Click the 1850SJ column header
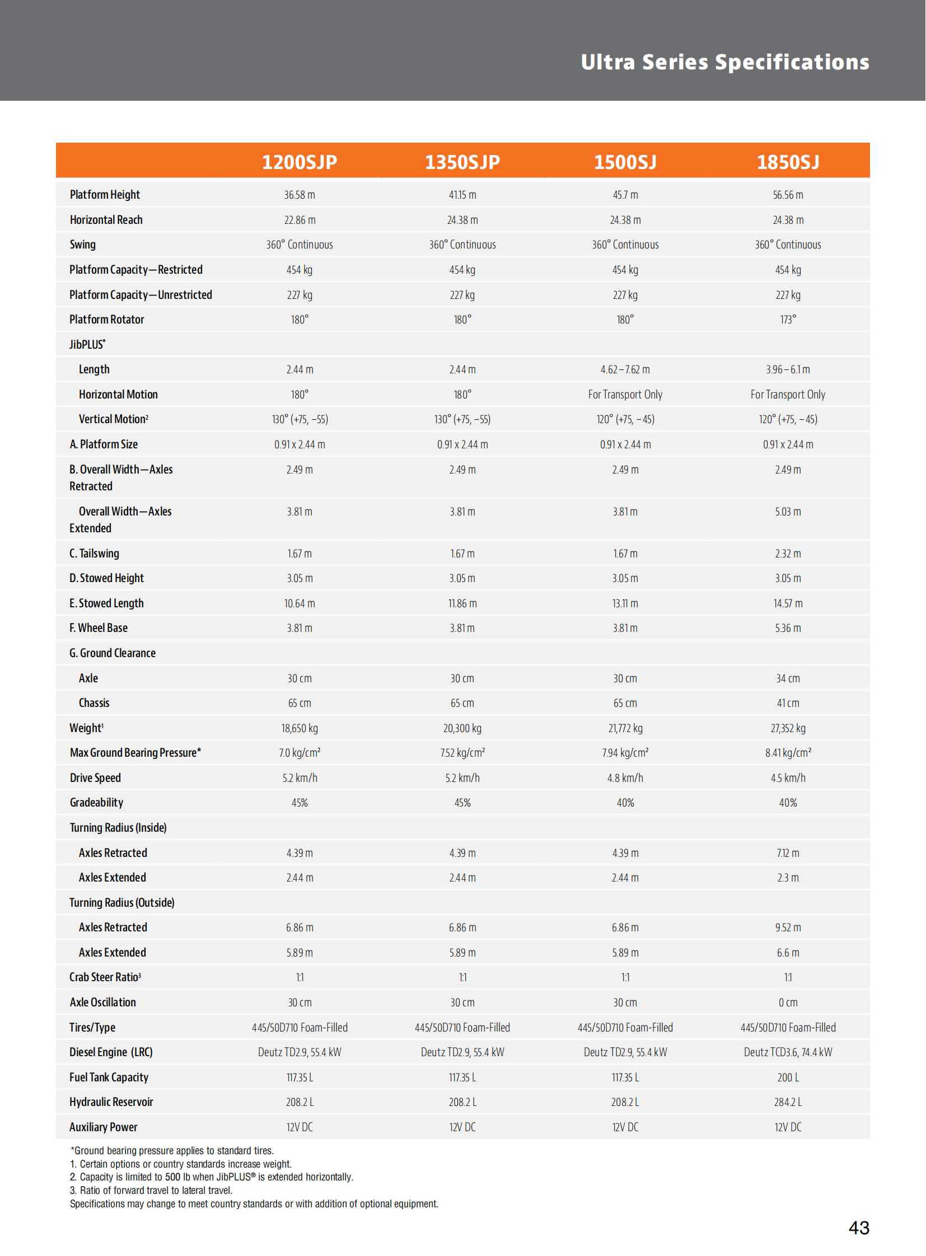pos(788,162)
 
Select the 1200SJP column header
pos(300,162)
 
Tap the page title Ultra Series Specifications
pos(724,62)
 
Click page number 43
pos(858,1227)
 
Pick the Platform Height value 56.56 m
pos(788,195)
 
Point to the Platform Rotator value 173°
pos(788,320)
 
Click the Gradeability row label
pos(96,803)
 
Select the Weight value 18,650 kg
pos(300,728)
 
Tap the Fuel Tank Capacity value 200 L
pos(788,1077)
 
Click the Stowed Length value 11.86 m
pos(462,603)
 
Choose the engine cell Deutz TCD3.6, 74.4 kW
pos(788,1052)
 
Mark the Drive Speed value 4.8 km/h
pos(625,778)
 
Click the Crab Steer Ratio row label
pos(105,977)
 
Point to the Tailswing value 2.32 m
pos(788,554)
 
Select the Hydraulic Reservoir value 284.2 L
pos(788,1102)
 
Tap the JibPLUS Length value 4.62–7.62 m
pos(625,369)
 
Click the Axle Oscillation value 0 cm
pos(788,1002)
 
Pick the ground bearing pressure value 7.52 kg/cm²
pos(462,753)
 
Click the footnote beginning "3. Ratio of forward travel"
pos(151,1190)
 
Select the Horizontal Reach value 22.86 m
pos(300,221)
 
